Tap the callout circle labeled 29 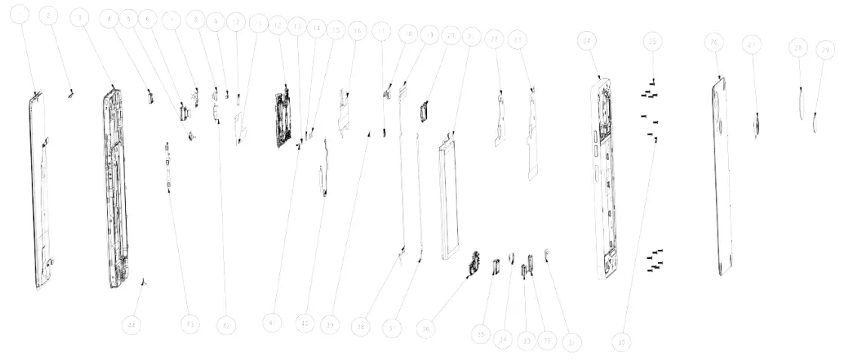(x=826, y=50)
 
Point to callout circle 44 (x=133, y=325)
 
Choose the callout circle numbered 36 (x=428, y=329)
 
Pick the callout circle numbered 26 (x=713, y=44)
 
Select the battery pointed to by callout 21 (x=450, y=196)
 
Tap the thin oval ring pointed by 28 (x=802, y=100)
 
